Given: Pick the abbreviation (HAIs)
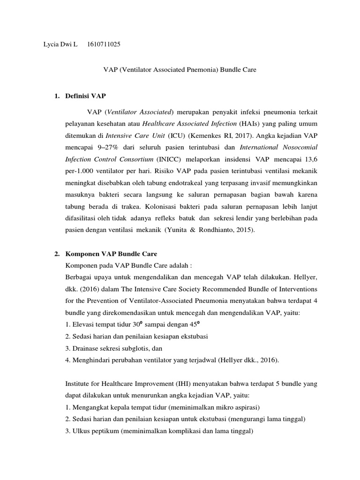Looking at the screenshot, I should (x=250, y=123).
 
